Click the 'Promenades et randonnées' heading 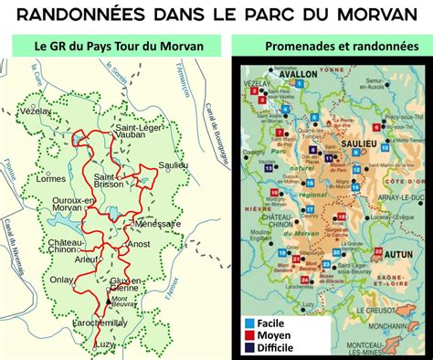(332, 46)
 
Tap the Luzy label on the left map (108, 343)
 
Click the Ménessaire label (157, 223)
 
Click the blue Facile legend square (248, 323)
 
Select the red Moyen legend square (248, 335)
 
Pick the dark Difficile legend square (248, 348)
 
